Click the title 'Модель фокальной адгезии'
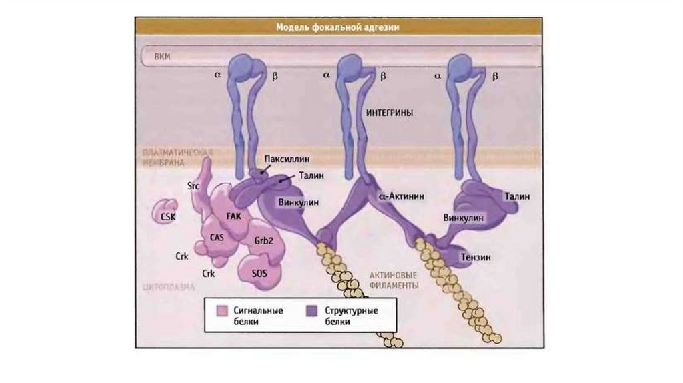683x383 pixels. pos(337,28)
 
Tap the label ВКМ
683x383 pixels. pos(162,57)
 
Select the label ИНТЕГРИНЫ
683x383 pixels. pos(390,113)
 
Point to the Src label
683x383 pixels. pos(194,187)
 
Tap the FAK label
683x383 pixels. pos(233,216)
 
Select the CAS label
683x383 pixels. pos(216,236)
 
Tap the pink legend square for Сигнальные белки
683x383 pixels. pos(222,311)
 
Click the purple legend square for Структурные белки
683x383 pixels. pos(311,311)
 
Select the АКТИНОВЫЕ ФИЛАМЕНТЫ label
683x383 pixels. pos(394,280)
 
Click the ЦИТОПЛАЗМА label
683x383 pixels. pos(169,288)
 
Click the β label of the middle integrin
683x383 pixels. pos(383,77)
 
